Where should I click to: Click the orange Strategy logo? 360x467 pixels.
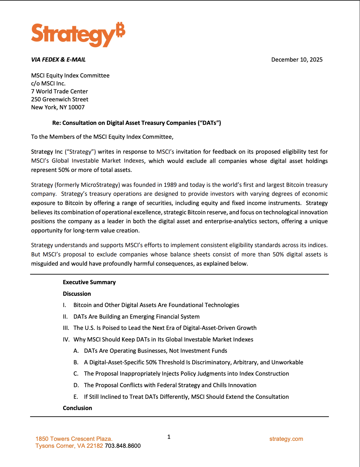click(x=78, y=34)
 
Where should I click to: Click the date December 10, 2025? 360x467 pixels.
click(x=297, y=60)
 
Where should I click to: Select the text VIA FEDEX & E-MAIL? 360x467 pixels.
click(x=58, y=60)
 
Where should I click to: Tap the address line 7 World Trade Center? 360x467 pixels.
click(x=60, y=91)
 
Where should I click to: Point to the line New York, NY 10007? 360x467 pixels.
click(x=58, y=107)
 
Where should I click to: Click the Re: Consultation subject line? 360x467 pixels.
click(x=136, y=123)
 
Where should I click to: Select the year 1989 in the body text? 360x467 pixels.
click(x=170, y=185)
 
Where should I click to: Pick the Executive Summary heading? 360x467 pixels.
click(x=89, y=282)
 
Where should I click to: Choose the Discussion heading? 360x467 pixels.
click(x=77, y=294)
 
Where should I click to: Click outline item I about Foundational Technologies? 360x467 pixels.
click(x=156, y=305)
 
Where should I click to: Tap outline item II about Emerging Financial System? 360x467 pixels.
click(x=136, y=317)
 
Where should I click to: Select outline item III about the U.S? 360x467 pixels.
click(x=165, y=328)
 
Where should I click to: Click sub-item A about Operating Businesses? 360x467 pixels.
click(x=156, y=351)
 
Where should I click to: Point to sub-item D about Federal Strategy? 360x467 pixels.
click(x=170, y=385)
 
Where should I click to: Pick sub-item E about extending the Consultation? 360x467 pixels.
click(x=186, y=397)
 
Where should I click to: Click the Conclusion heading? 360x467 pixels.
click(x=77, y=408)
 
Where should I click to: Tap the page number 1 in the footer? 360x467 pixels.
click(x=169, y=437)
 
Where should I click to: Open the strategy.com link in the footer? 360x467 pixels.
click(x=286, y=439)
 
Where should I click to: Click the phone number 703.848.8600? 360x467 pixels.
click(x=123, y=446)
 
